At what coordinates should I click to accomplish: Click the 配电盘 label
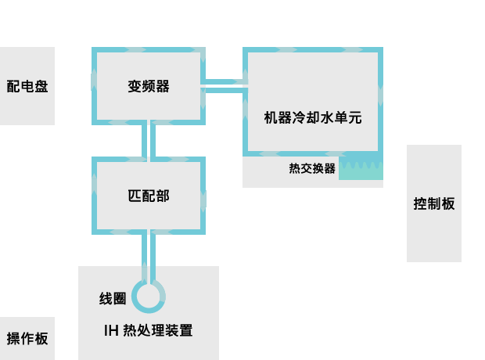[27, 86]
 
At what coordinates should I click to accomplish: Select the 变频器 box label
[149, 86]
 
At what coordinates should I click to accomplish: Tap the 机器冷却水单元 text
[313, 117]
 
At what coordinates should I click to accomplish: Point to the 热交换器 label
[312, 168]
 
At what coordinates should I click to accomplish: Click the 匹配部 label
[149, 196]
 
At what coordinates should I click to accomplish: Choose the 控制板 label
[434, 203]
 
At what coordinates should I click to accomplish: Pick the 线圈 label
[113, 298]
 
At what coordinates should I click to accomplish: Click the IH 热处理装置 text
[148, 330]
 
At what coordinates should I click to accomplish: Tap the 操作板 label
[27, 338]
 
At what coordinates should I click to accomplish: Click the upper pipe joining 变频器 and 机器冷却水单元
[224, 81]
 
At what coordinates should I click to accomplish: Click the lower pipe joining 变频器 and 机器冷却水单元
[224, 90]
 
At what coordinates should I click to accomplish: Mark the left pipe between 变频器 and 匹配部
[144, 139]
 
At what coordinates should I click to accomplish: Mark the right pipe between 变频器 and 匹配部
[153, 139]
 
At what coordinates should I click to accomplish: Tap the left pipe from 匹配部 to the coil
[144, 256]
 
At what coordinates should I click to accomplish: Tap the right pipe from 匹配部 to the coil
[153, 256]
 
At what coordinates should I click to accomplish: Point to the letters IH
[111, 330]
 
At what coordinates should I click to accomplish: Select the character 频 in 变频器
[149, 86]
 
